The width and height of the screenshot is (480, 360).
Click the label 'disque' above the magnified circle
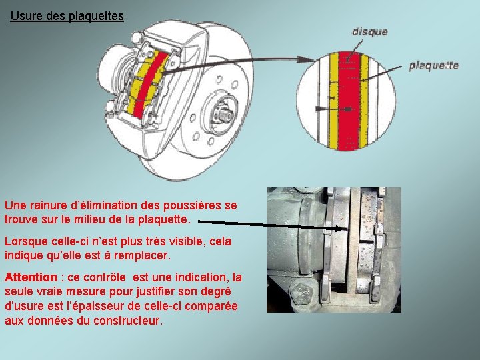point(369,31)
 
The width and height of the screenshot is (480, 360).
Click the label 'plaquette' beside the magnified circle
point(433,65)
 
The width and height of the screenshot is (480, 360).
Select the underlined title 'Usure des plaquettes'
point(67,15)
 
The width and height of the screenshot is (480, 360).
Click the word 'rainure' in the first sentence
point(50,206)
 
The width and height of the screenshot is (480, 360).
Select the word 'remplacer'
point(144,255)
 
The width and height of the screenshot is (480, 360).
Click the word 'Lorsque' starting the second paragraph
point(25,241)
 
